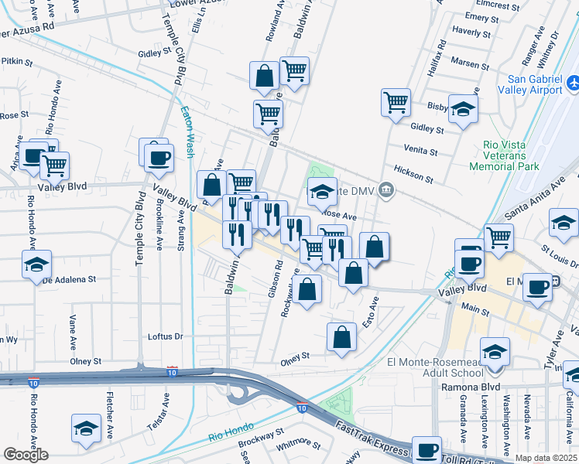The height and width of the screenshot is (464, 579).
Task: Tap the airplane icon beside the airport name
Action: [x=573, y=82]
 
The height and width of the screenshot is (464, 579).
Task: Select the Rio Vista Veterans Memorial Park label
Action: [x=510, y=155]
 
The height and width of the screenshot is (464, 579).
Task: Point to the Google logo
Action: [x=26, y=455]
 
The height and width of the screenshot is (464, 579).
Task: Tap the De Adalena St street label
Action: [x=69, y=279]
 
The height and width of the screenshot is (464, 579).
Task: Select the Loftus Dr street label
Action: [x=165, y=336]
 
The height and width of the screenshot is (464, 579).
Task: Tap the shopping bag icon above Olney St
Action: [x=341, y=336]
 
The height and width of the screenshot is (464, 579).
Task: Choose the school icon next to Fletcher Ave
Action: [x=86, y=428]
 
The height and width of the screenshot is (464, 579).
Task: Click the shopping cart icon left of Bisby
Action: [x=396, y=101]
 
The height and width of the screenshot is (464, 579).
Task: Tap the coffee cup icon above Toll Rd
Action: [x=426, y=449]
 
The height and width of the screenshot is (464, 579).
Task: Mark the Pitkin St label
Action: [x=17, y=60]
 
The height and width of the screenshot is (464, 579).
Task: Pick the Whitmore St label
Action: [x=298, y=443]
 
